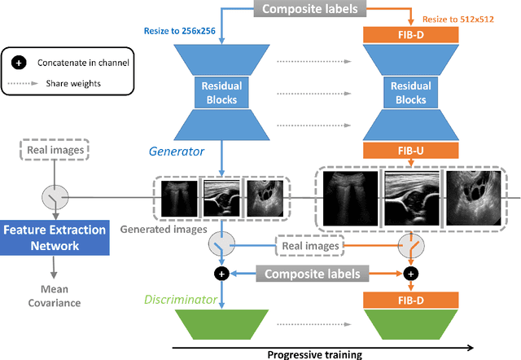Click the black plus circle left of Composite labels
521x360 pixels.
click(220, 274)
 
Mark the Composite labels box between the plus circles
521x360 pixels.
click(312, 274)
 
